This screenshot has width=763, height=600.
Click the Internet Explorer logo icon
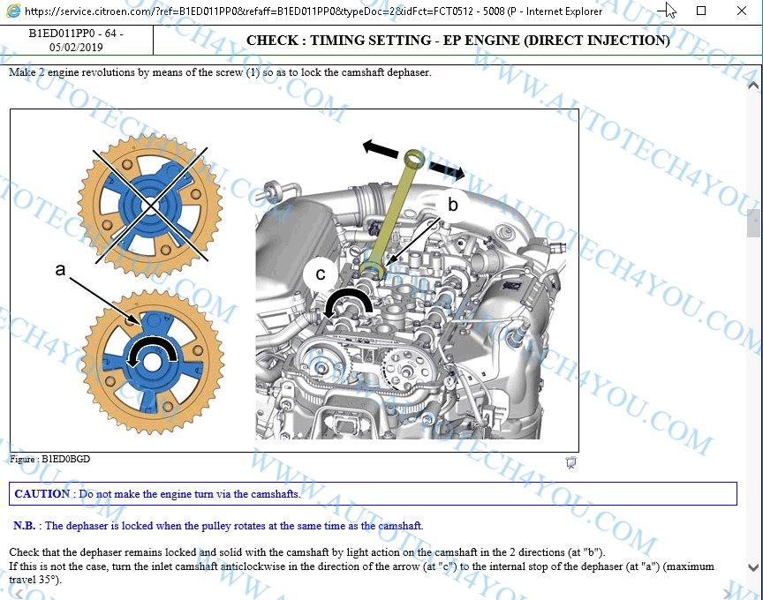(x=13, y=11)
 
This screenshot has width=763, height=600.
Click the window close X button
(x=742, y=11)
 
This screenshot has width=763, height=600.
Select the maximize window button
(x=701, y=11)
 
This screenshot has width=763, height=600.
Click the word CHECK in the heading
(x=272, y=40)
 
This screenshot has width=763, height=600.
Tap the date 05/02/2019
(x=76, y=47)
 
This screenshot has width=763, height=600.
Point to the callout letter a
(x=60, y=269)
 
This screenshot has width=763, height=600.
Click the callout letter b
(x=452, y=204)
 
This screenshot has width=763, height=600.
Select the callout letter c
(x=321, y=274)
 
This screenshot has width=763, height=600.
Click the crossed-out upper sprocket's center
(x=151, y=206)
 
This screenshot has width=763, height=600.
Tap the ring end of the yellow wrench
(x=414, y=159)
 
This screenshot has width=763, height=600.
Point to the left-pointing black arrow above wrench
(x=381, y=148)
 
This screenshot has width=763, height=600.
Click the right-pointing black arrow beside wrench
(x=447, y=169)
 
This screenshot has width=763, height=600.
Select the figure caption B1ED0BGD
(x=65, y=459)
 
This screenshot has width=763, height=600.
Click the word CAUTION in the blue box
(x=42, y=493)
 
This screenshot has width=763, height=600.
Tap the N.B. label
(x=25, y=526)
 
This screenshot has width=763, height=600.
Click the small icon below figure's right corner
(x=570, y=462)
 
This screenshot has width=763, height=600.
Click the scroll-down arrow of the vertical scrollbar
(x=752, y=567)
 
